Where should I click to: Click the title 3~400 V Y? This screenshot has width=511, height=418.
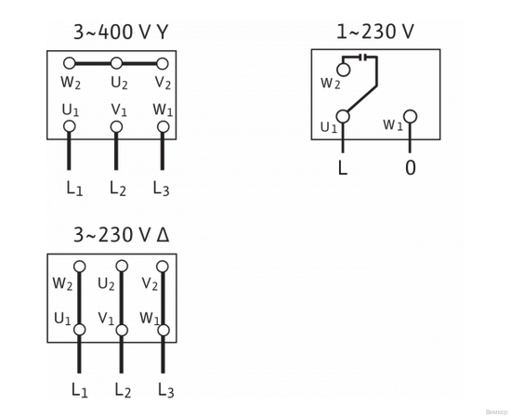tap(121, 33)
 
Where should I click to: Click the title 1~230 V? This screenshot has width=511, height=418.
tap(374, 33)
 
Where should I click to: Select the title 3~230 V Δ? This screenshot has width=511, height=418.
tap(121, 235)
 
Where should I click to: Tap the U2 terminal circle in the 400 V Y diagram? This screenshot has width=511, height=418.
tap(116, 64)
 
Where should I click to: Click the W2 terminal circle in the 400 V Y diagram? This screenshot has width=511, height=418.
tap(70, 64)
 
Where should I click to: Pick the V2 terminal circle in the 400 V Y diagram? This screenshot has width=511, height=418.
tap(163, 64)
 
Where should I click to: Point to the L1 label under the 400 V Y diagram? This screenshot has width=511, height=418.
tap(74, 189)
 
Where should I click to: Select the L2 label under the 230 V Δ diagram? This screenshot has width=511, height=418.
tap(123, 390)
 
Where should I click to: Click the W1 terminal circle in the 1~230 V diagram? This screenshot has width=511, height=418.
tap(410, 117)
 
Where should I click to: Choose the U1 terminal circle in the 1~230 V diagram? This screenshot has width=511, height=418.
tap(343, 117)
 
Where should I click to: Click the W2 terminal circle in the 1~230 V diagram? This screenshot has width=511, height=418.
tap(343, 70)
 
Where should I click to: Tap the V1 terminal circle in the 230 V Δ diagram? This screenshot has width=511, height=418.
tap(122, 330)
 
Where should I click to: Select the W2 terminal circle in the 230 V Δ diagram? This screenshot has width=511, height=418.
tap(79, 267)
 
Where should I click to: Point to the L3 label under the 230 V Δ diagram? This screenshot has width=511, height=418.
tap(165, 390)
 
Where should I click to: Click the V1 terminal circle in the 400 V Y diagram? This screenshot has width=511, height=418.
tap(116, 126)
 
